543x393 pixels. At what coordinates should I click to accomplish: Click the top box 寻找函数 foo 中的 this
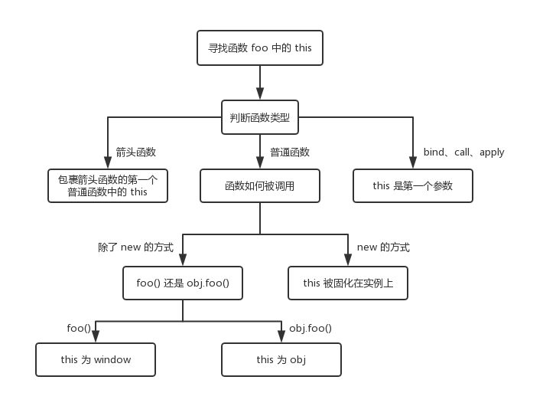260,47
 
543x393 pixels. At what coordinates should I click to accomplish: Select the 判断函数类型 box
260,117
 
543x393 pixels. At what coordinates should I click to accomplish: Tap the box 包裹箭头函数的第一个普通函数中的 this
108,186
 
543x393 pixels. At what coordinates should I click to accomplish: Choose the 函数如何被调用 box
260,186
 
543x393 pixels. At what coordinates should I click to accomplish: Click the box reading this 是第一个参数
413,186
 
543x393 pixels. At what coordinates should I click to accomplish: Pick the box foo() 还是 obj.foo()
183,283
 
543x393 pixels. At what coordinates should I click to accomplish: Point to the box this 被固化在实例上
348,283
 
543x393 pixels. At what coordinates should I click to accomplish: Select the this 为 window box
96,360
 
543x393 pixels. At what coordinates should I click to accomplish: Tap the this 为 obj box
281,360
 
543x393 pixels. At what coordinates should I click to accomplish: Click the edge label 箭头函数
136,152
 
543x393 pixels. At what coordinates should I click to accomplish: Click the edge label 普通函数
290,152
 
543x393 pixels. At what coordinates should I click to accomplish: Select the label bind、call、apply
463,152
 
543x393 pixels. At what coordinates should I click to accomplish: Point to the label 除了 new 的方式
136,247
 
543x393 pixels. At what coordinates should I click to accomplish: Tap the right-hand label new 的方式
383,247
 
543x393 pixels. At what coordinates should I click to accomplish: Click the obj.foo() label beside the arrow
311,328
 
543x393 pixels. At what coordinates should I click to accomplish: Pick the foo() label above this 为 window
79,328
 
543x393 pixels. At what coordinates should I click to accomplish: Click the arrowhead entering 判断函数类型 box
260,94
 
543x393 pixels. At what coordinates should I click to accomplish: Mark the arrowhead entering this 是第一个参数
413,162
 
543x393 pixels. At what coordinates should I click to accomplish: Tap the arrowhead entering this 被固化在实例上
348,260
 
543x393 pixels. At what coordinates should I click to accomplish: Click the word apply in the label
492,152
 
